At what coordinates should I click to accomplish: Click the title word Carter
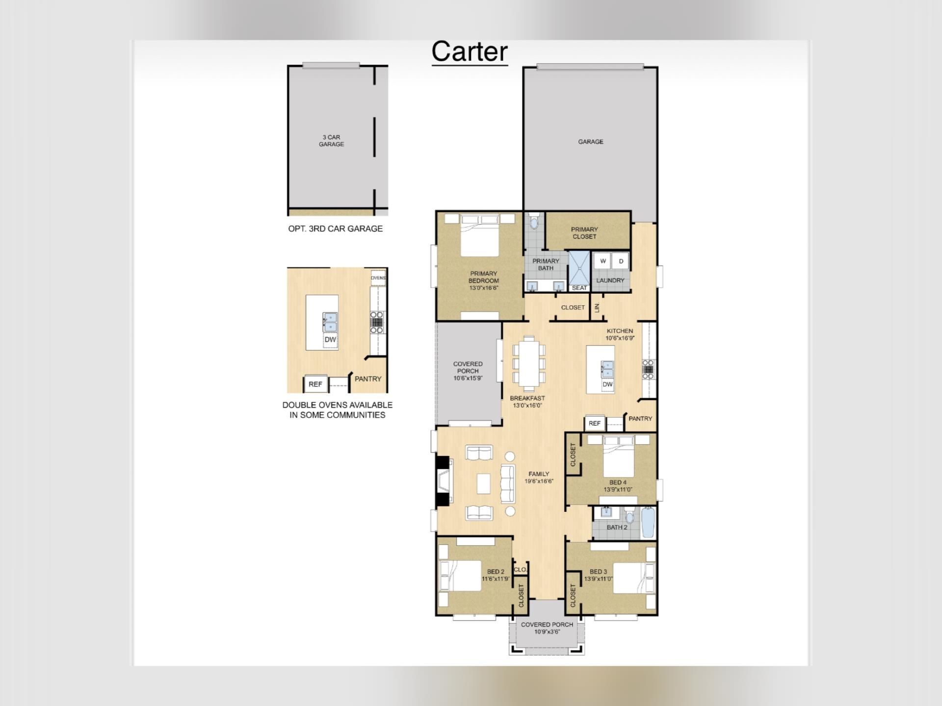click(470, 52)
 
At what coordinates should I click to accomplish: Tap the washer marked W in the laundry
click(603, 261)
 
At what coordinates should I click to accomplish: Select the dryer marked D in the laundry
click(621, 261)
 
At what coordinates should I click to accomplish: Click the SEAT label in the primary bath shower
click(579, 288)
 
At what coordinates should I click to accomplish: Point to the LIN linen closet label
click(597, 308)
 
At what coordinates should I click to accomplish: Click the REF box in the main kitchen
click(594, 423)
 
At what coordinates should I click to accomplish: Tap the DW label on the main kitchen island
click(607, 384)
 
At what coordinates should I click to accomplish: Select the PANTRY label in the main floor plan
click(640, 419)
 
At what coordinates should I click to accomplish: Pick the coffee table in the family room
click(483, 483)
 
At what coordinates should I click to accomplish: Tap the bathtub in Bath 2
click(648, 523)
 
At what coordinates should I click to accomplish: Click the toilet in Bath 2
click(630, 517)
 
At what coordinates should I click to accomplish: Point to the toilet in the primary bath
click(534, 222)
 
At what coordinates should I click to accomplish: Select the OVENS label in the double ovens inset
click(378, 278)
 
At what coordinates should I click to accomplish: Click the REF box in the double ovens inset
click(315, 384)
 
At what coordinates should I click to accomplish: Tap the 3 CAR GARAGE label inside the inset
click(331, 141)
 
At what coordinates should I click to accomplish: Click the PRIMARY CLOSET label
click(584, 233)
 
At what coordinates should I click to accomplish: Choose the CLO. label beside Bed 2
click(520, 570)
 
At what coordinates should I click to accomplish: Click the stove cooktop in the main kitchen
click(648, 370)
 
